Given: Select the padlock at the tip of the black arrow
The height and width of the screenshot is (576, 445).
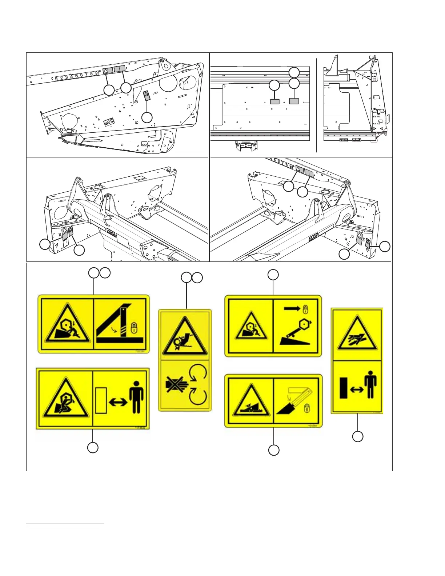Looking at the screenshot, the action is coord(305,309).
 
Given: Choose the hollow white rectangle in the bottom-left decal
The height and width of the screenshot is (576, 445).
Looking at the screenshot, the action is coord(101,400).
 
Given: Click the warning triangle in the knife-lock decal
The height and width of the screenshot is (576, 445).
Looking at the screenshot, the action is coord(250,401).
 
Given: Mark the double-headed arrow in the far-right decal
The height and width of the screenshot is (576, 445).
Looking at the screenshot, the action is coord(356,389).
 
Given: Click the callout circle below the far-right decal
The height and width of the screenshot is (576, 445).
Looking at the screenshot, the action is coord(358,436).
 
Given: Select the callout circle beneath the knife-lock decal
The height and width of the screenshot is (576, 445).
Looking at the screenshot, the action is coord(274,450).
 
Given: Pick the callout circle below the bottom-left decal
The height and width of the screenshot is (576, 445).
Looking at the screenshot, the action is coord(93,448).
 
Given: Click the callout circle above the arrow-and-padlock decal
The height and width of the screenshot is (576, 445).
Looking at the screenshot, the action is coord(273,275).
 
